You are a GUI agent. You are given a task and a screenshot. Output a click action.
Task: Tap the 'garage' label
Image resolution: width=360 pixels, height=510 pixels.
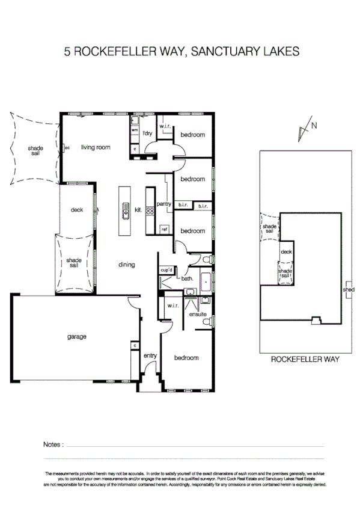(x=76, y=337)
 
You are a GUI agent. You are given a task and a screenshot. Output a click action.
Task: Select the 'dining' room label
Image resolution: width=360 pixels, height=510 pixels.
(x=126, y=265)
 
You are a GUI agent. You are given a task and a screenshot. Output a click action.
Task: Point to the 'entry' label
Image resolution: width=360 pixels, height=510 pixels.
(x=150, y=356)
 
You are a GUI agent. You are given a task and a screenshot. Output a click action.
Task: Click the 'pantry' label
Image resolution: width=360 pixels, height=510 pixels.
(x=164, y=204)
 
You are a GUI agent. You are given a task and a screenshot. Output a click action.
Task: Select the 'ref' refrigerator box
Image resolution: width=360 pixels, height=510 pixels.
(x=164, y=229)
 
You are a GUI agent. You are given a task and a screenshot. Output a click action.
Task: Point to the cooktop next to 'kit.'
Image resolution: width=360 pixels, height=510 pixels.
(x=149, y=210)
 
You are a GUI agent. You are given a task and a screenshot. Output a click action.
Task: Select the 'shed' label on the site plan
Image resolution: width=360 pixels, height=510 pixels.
(x=348, y=289)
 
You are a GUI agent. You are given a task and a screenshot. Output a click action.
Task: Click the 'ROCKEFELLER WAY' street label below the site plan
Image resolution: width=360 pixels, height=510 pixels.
(x=305, y=360)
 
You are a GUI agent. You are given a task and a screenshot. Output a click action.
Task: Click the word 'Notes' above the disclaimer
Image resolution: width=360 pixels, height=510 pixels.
(x=53, y=444)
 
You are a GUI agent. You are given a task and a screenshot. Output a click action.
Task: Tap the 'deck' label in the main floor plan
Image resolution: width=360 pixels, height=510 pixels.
(x=76, y=210)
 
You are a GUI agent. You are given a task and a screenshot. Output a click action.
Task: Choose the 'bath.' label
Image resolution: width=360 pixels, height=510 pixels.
(x=187, y=278)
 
